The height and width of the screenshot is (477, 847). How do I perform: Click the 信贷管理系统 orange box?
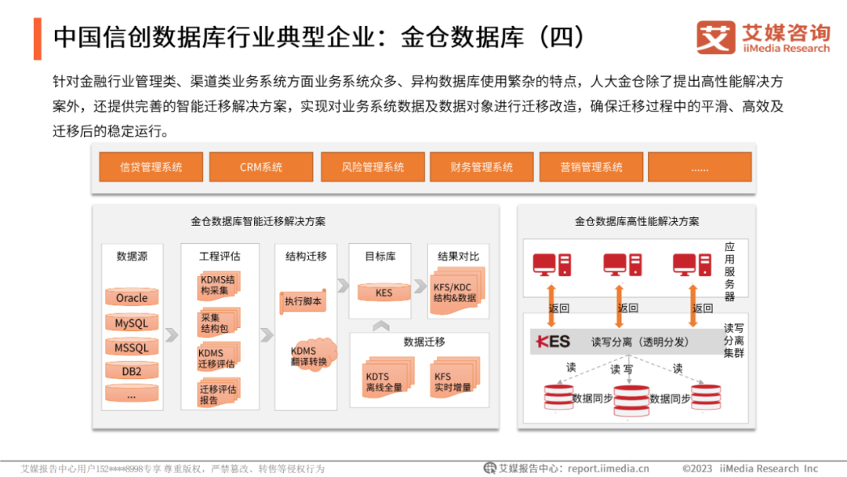pyautogui.click(x=151, y=167)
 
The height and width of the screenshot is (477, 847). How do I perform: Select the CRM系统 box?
pyautogui.click(x=261, y=167)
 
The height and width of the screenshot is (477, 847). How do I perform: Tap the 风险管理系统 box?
pyautogui.click(x=373, y=167)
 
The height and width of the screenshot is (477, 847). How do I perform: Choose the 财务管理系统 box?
pyautogui.click(x=482, y=167)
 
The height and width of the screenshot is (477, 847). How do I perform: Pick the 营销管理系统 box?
pyautogui.click(x=591, y=167)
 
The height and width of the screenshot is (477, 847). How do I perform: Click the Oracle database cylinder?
pyautogui.click(x=132, y=298)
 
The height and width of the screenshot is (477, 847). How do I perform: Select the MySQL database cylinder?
pyautogui.click(x=132, y=323)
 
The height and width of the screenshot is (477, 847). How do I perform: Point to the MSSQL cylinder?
pyautogui.click(x=132, y=348)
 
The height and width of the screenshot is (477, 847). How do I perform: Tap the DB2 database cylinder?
pyautogui.click(x=132, y=371)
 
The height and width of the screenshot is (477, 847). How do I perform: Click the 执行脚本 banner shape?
pyautogui.click(x=304, y=301)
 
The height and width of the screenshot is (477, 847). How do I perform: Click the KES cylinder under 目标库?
pyautogui.click(x=384, y=293)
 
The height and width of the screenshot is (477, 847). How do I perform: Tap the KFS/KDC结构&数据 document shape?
pyautogui.click(x=455, y=293)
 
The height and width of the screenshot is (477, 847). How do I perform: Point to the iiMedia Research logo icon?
pyautogui.click(x=715, y=37)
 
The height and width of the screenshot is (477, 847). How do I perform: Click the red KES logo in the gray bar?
pyautogui.click(x=553, y=342)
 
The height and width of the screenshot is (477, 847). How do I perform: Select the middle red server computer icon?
pyautogui.click(x=623, y=264)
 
